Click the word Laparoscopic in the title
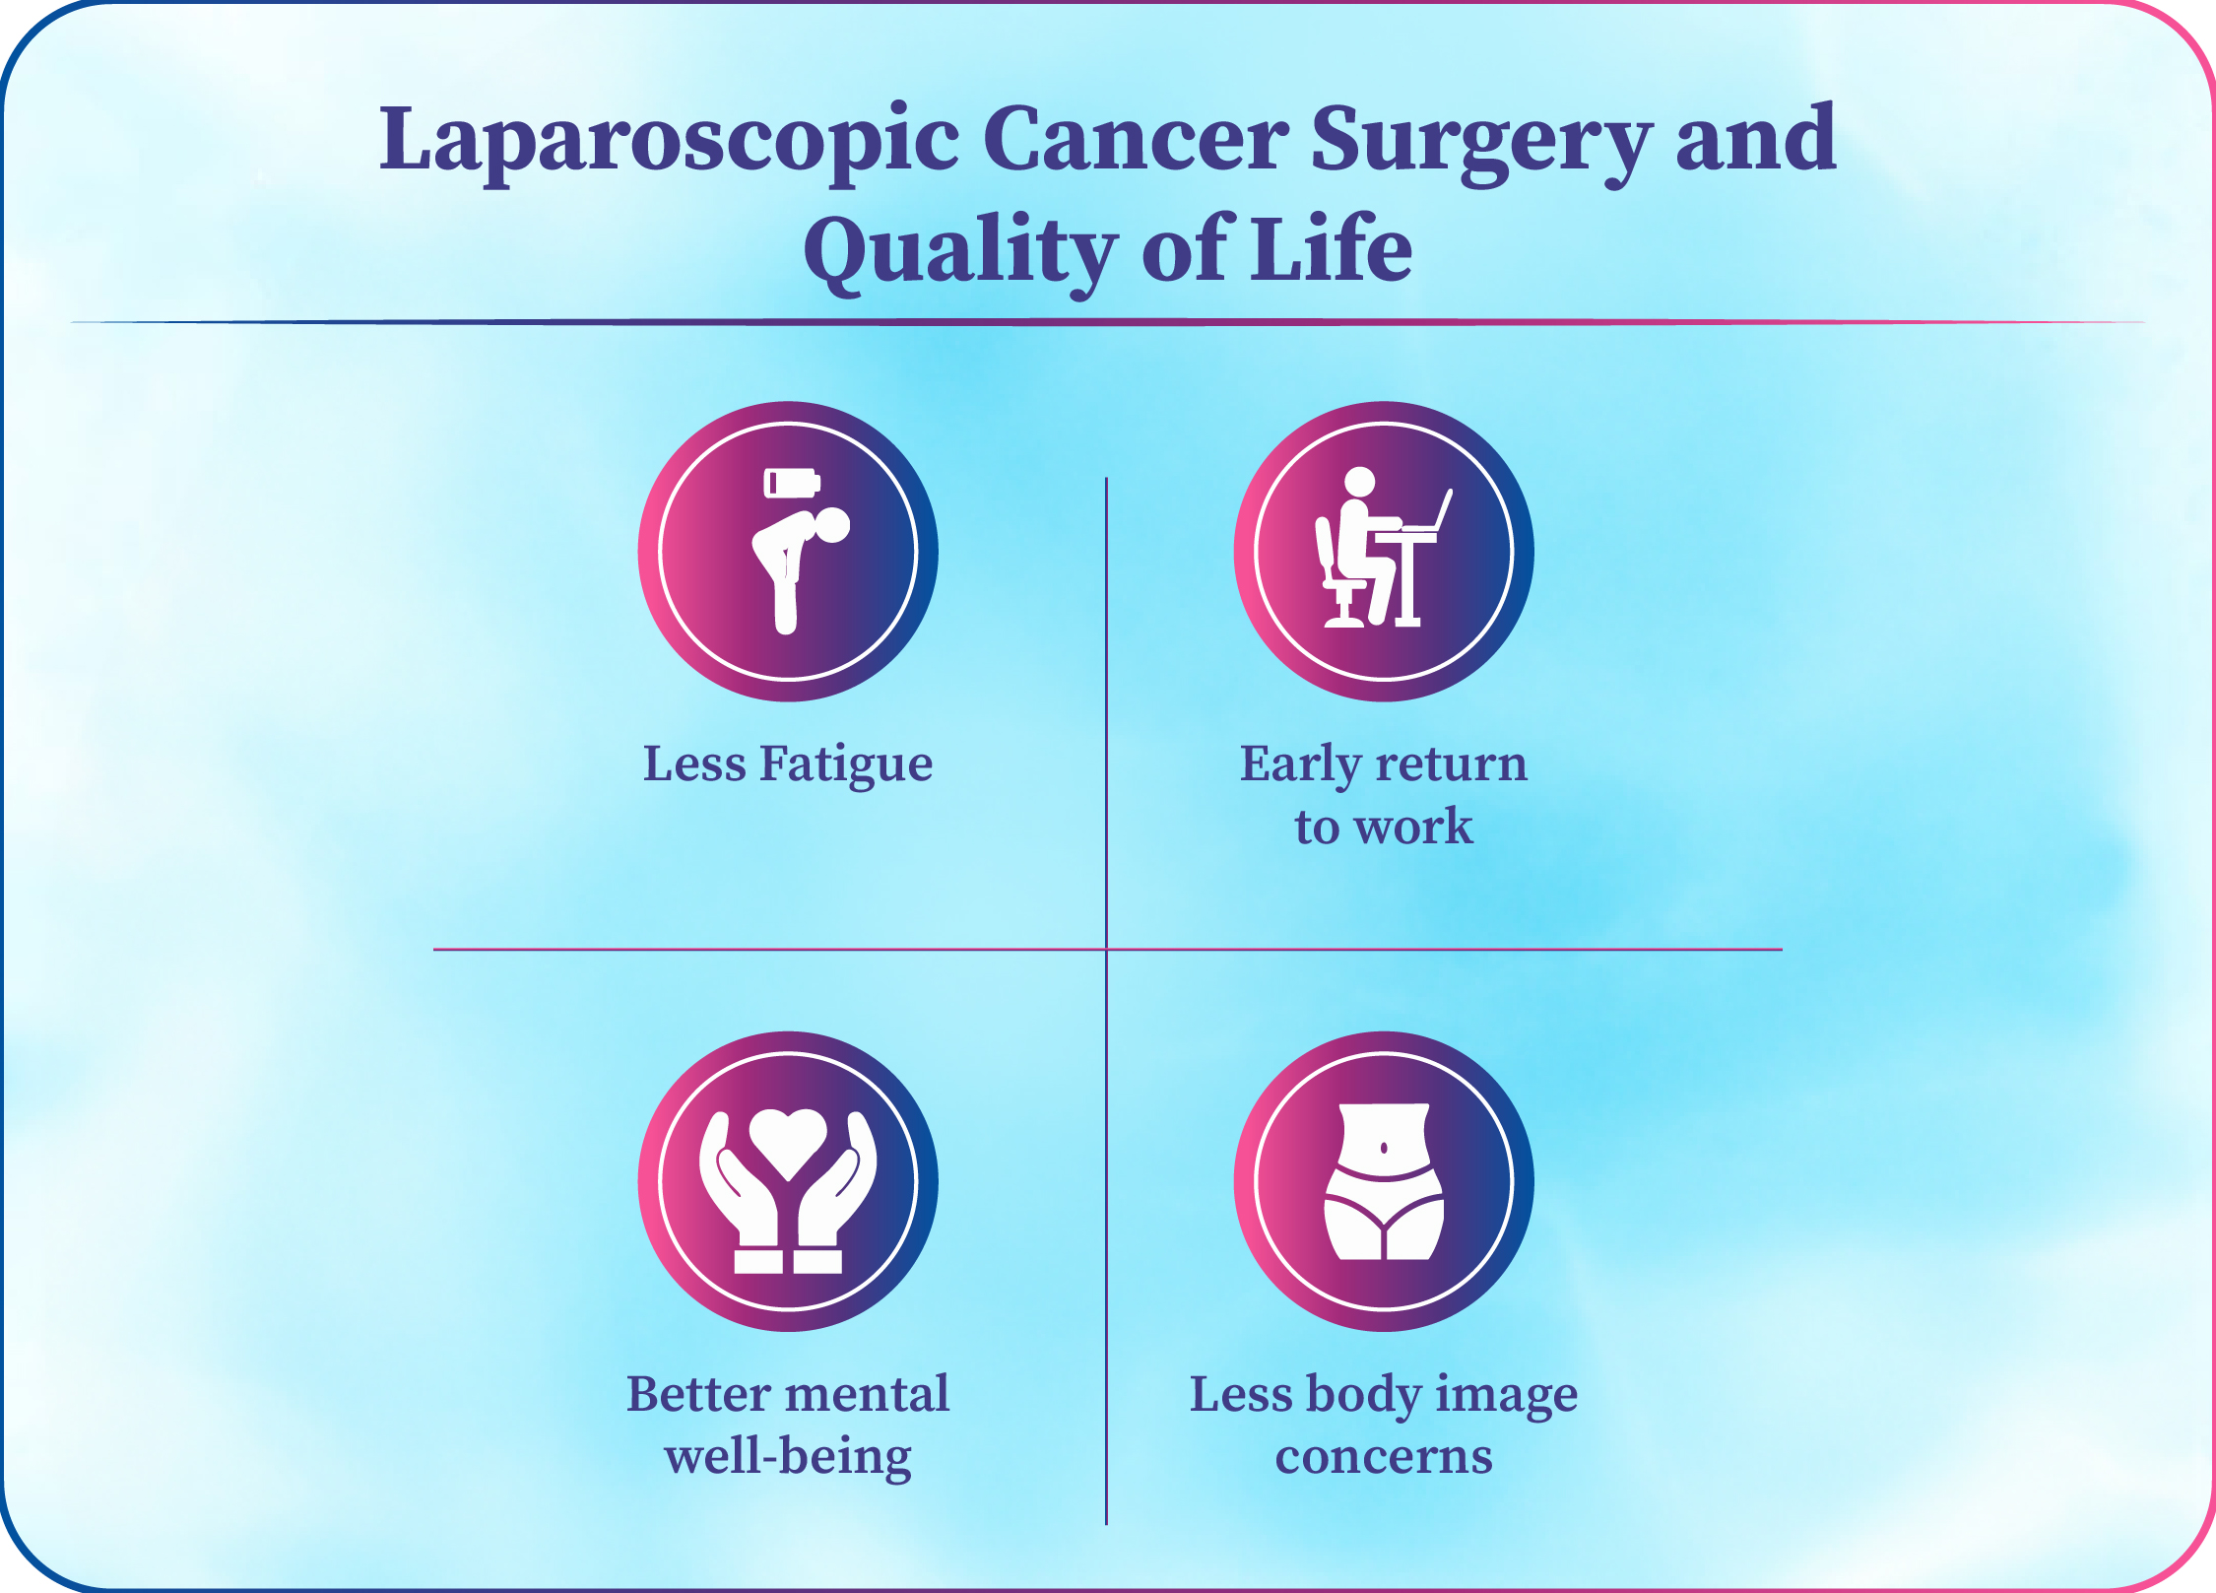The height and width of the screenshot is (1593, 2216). click(670, 143)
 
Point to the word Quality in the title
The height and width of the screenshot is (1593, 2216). click(960, 252)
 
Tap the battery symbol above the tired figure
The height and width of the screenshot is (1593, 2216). click(792, 483)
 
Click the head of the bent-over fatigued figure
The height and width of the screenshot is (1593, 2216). click(831, 525)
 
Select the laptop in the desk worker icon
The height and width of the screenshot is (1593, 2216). click(1427, 511)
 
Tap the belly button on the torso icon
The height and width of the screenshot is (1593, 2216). click(1384, 1148)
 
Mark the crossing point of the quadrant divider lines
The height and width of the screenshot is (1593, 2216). click(1107, 949)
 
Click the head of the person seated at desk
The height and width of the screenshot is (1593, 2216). click(1360, 482)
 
